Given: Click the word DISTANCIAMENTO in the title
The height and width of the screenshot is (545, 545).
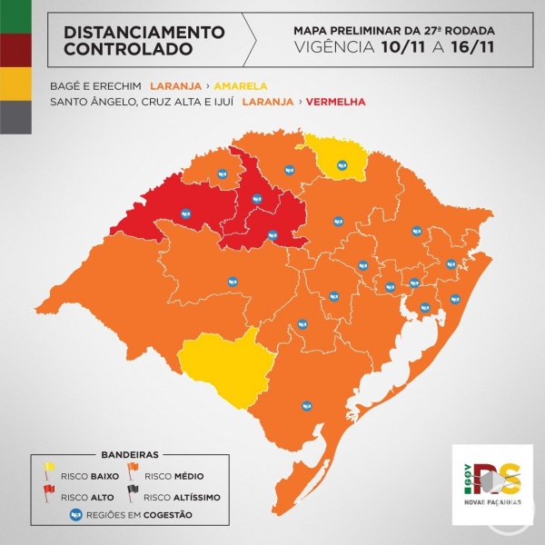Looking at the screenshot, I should [x=144, y=32].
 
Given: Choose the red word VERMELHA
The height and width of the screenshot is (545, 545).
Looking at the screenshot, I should [x=336, y=101].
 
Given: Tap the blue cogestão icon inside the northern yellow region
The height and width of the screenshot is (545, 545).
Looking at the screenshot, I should [x=342, y=164].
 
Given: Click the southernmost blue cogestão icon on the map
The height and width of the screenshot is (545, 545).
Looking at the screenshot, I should [x=306, y=405].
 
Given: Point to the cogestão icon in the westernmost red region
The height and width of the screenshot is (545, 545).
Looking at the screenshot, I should [x=186, y=214].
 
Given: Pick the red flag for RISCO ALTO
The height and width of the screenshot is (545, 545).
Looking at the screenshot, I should [x=49, y=491].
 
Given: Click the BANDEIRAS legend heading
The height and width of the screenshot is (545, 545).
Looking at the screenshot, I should [x=125, y=451].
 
